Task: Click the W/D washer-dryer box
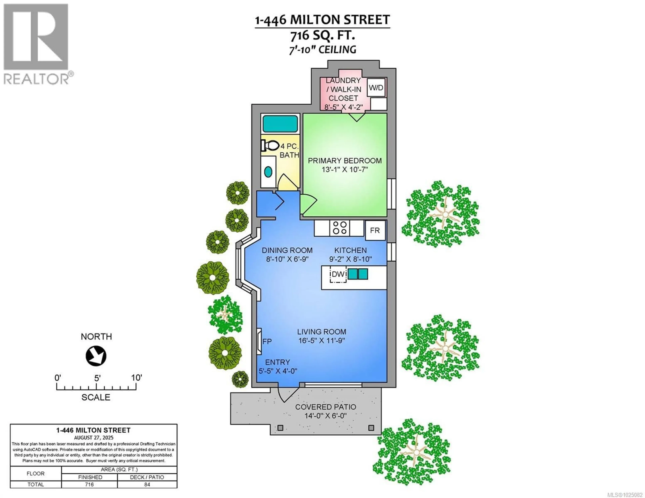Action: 376,87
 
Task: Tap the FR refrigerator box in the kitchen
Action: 375,230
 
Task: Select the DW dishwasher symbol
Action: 338,274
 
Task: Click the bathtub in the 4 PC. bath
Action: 280,124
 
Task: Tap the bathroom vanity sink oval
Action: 268,172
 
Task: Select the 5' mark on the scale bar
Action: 97,378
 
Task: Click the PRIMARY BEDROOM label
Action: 345,161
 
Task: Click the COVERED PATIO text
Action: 326,407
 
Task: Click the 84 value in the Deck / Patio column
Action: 147,484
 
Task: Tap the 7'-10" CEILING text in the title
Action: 322,50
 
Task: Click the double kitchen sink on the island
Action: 358,274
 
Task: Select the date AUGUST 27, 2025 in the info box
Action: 94,438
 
